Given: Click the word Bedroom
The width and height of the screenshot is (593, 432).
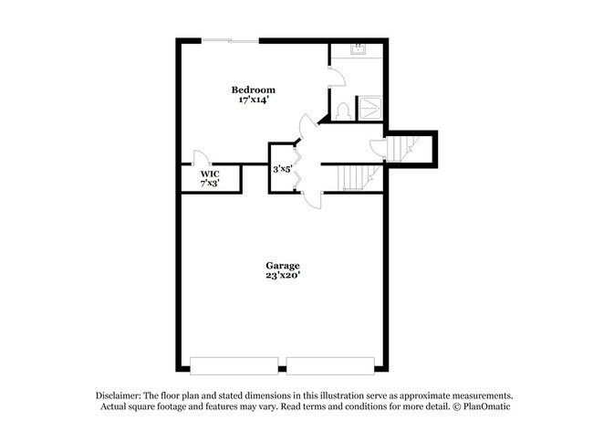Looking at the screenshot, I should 253,90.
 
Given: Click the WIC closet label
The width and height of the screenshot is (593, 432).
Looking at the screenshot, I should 210,173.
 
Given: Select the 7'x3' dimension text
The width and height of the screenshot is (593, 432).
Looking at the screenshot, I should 210,183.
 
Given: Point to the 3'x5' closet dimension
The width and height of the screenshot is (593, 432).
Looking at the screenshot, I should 283,169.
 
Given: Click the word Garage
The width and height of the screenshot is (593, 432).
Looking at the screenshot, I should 282,265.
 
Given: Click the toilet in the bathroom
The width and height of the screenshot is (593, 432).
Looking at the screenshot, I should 343,111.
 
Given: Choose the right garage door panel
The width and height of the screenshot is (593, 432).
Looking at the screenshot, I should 331,364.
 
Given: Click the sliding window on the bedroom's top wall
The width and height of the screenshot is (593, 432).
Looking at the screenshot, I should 229,40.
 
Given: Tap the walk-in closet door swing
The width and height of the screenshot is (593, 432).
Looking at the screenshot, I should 200,156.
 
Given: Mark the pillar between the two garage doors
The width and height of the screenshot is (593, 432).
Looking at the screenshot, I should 283,364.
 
